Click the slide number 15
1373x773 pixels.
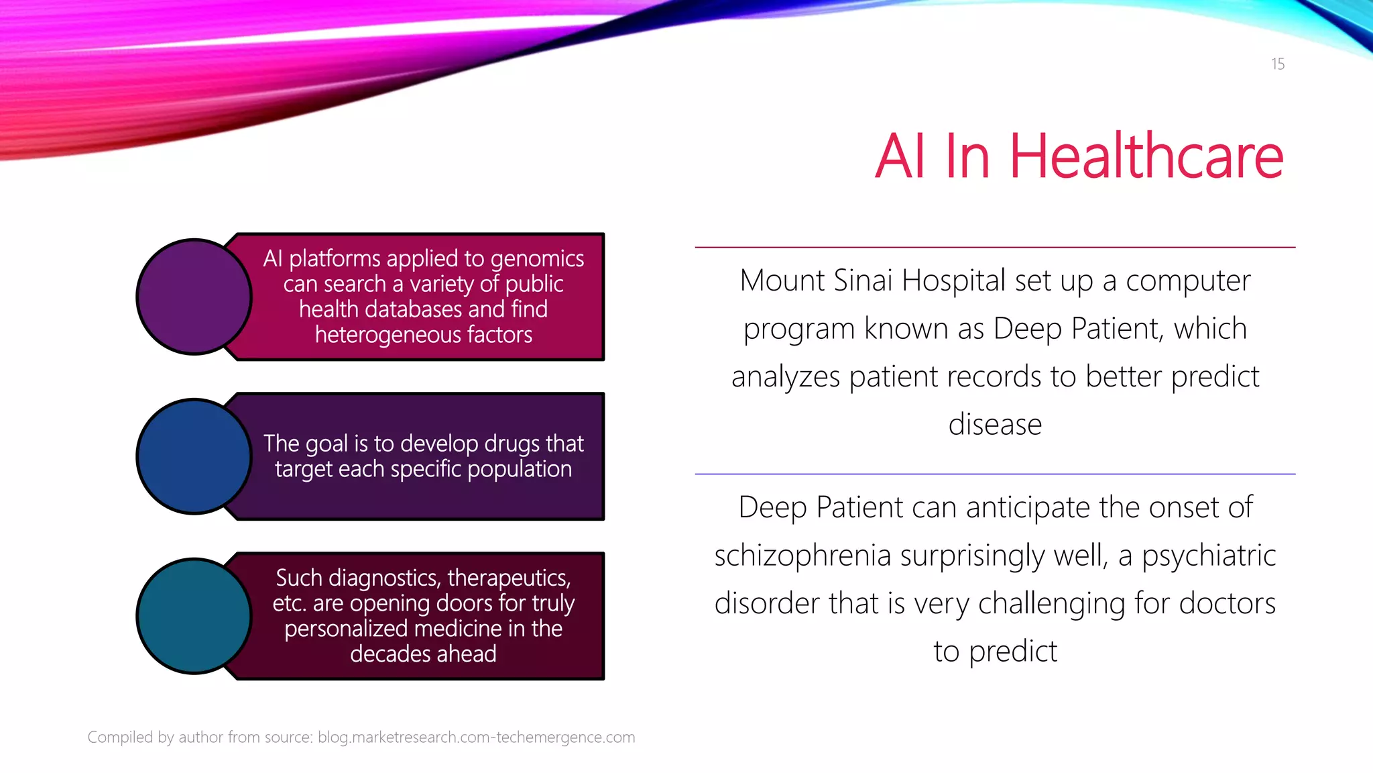click(x=1277, y=64)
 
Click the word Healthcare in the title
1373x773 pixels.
click(x=1146, y=157)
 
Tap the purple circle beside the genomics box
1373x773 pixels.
click(x=194, y=297)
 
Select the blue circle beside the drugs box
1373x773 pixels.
click(x=194, y=456)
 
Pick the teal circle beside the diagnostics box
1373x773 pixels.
click(x=194, y=616)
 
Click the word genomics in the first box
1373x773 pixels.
click(x=537, y=259)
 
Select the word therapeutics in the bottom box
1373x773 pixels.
click(x=509, y=578)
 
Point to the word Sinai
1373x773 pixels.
click(x=863, y=280)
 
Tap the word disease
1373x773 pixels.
click(x=995, y=425)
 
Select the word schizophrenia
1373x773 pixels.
click(x=802, y=556)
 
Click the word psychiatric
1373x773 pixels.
click(x=1208, y=556)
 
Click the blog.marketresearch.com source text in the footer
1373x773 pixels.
click(x=476, y=737)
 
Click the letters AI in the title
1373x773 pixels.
click(x=900, y=157)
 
